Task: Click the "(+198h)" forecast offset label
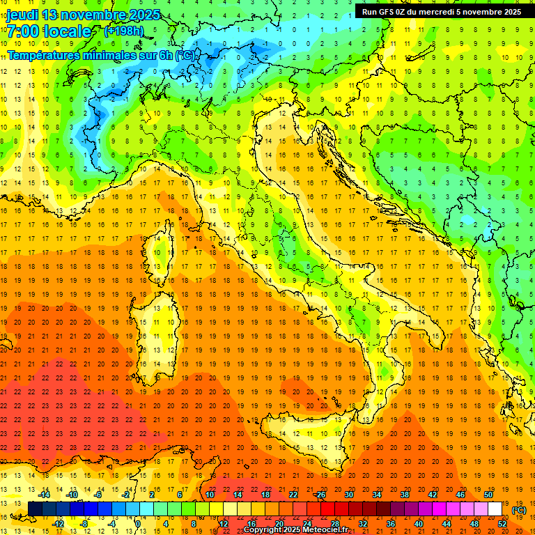click(x=124, y=31)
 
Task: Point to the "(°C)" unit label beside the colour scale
click(x=518, y=510)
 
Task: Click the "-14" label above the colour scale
click(x=44, y=495)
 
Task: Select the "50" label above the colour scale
click(x=488, y=495)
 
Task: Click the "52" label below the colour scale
click(x=502, y=523)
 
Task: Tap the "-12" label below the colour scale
click(x=58, y=523)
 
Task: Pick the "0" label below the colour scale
click(x=138, y=523)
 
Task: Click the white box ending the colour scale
click(x=495, y=509)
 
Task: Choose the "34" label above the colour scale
click(x=377, y=495)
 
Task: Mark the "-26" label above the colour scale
click(x=320, y=495)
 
